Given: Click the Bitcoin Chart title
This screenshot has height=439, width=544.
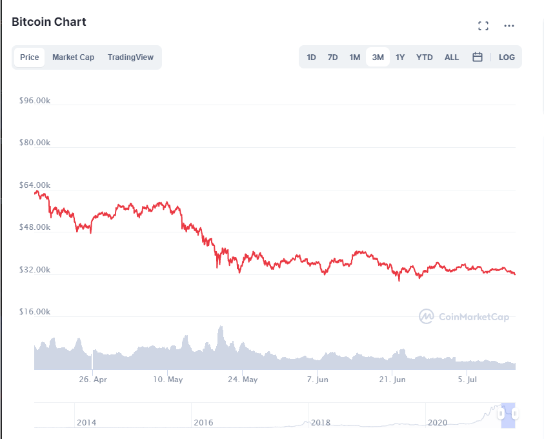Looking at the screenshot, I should click(x=49, y=22).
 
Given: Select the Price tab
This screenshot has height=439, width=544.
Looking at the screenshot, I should click(x=30, y=57).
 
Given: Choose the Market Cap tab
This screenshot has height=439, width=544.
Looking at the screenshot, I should click(x=73, y=57).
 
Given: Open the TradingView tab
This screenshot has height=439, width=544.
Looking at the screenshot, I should click(x=130, y=57).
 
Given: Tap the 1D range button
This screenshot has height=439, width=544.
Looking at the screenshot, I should click(x=311, y=57).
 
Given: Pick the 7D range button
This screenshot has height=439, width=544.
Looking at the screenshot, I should click(x=332, y=57).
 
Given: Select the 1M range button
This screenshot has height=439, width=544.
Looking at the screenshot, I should click(x=354, y=57).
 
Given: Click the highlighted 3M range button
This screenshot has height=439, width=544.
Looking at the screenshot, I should click(x=378, y=57).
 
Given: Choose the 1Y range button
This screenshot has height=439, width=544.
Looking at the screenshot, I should click(x=400, y=57).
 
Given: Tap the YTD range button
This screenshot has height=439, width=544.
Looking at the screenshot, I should click(x=424, y=57).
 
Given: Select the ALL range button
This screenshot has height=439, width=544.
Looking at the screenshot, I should click(x=452, y=57).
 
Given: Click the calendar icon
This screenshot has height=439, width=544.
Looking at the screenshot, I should click(x=478, y=57).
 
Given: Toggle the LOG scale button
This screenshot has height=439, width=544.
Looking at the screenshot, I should click(x=507, y=57).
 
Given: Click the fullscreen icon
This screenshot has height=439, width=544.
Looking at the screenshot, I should click(x=483, y=26).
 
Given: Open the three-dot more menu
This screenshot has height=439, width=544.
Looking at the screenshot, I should click(x=509, y=26).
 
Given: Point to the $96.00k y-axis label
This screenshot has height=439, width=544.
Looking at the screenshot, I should click(x=35, y=100).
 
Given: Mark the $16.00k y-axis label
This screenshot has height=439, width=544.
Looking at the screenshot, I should click(x=35, y=312).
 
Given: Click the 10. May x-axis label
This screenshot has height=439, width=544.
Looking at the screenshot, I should click(x=168, y=380).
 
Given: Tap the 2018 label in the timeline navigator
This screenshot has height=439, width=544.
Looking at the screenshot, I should click(x=321, y=422).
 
